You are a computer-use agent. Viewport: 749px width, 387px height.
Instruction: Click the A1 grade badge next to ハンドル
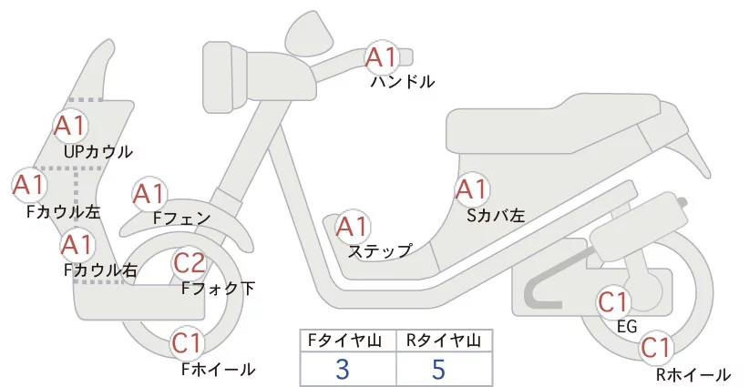tap(382, 57)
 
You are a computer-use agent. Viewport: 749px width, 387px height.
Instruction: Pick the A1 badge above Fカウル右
tap(77, 244)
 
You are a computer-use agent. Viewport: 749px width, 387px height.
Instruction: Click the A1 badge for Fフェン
tap(149, 194)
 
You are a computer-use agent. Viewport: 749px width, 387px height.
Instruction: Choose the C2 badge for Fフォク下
tap(189, 263)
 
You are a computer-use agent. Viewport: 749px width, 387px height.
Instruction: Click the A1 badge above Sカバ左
tap(471, 189)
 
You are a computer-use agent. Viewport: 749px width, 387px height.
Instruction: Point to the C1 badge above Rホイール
tap(656, 347)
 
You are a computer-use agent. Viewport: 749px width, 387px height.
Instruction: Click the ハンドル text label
tap(402, 82)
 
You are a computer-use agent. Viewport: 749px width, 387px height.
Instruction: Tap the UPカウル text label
tap(98, 151)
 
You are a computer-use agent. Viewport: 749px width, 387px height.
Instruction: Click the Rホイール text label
tap(693, 374)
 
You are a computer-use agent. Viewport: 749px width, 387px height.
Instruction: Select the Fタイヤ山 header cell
tap(348, 341)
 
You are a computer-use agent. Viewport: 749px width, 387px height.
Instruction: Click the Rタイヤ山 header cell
tap(444, 341)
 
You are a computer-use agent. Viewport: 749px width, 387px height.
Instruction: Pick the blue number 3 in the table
tap(343, 369)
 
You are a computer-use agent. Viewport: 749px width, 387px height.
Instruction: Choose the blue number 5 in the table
tap(438, 369)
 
